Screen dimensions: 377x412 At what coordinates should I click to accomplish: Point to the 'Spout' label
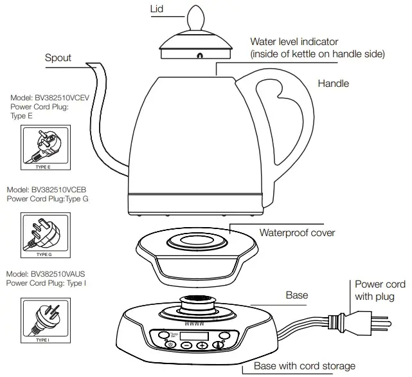[x=58, y=58]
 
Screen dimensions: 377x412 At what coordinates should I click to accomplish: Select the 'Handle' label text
[x=334, y=84]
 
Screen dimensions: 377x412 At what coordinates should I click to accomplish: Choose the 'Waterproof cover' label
[x=297, y=233]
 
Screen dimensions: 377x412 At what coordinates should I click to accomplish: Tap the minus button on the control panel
[x=186, y=345]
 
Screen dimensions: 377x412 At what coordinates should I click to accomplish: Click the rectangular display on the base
[x=194, y=335]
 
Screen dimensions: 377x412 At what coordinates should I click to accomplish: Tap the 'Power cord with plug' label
[x=380, y=290]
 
